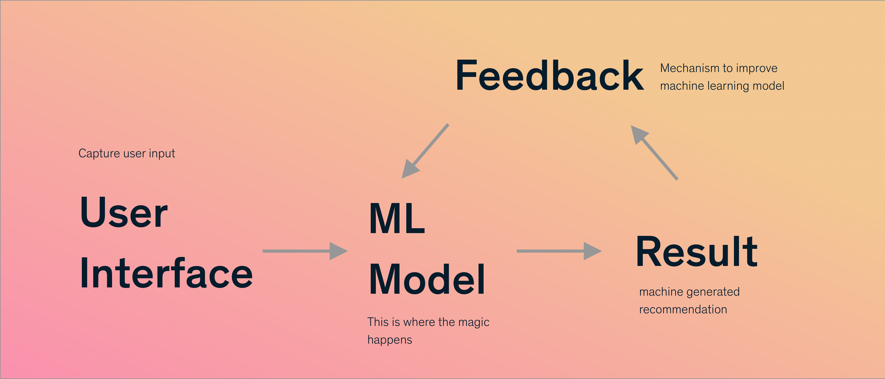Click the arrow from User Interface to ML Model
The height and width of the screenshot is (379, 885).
[305, 251]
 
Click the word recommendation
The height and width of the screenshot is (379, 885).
[683, 309]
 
